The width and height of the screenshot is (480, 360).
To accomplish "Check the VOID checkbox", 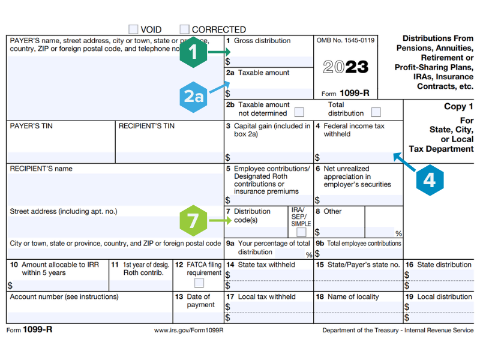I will click(133, 29).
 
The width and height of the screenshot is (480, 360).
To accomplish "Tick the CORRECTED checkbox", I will click(185, 29).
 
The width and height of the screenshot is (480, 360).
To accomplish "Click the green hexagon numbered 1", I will click(192, 53).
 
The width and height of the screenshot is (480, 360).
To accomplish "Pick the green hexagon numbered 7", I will click(194, 221).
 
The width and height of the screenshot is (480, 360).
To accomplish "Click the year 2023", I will click(346, 67).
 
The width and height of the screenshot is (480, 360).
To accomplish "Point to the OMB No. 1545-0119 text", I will click(346, 41).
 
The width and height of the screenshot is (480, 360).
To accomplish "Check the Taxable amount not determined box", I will click(299, 112).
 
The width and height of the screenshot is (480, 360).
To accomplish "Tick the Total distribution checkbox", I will click(376, 112).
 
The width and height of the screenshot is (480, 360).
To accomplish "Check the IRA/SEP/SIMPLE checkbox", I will click(301, 232).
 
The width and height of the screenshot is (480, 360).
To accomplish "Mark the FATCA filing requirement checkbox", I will click(199, 283).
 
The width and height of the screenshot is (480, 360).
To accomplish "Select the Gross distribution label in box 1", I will click(262, 41).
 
